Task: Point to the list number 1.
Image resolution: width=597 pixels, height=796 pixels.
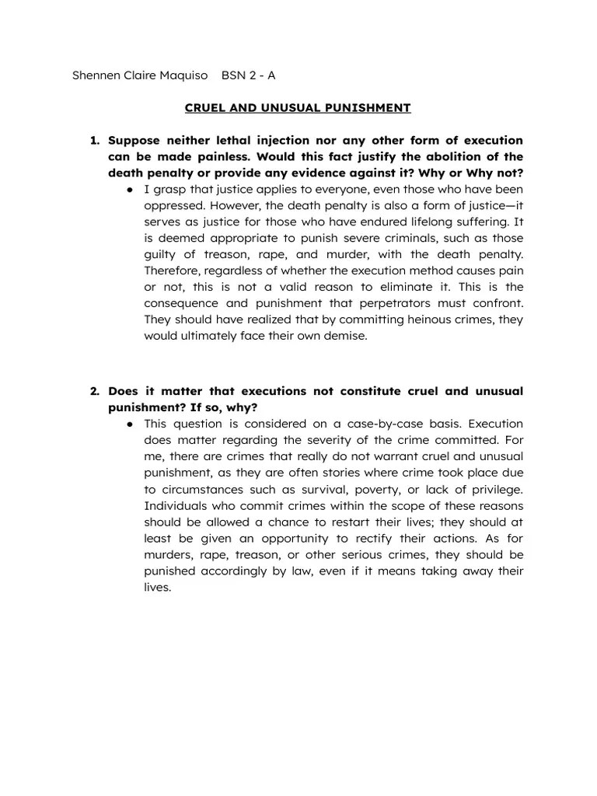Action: click(95, 141)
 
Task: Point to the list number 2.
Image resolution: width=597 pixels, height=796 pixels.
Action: click(95, 391)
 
